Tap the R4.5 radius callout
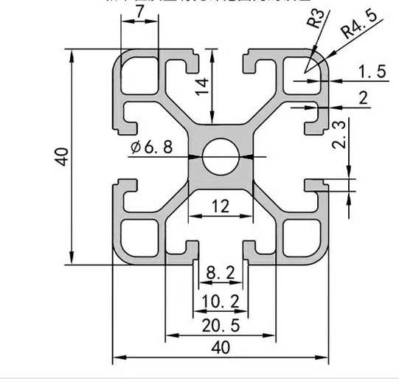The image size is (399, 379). (x=356, y=31)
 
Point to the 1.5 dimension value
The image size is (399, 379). (x=372, y=71)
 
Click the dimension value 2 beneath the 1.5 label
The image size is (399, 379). (x=362, y=98)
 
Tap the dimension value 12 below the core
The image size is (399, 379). (x=220, y=207)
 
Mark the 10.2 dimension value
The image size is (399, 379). (x=220, y=301)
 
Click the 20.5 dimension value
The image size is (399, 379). (x=220, y=326)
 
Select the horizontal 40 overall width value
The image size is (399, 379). (x=220, y=347)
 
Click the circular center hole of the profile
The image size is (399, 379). (x=221, y=156)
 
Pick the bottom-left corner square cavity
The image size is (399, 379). (x=140, y=237)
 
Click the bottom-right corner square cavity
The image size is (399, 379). (x=301, y=237)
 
